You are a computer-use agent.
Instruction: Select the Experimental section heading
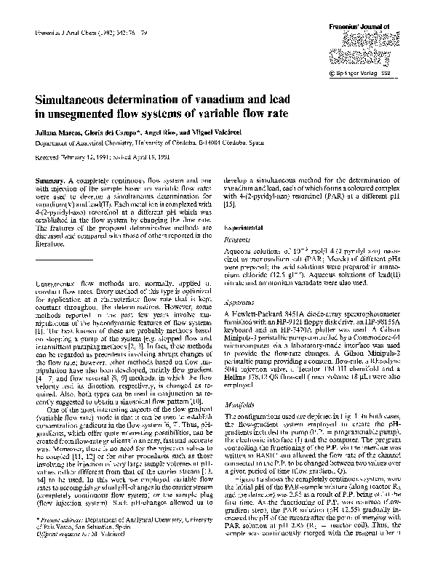(x=247, y=228)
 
